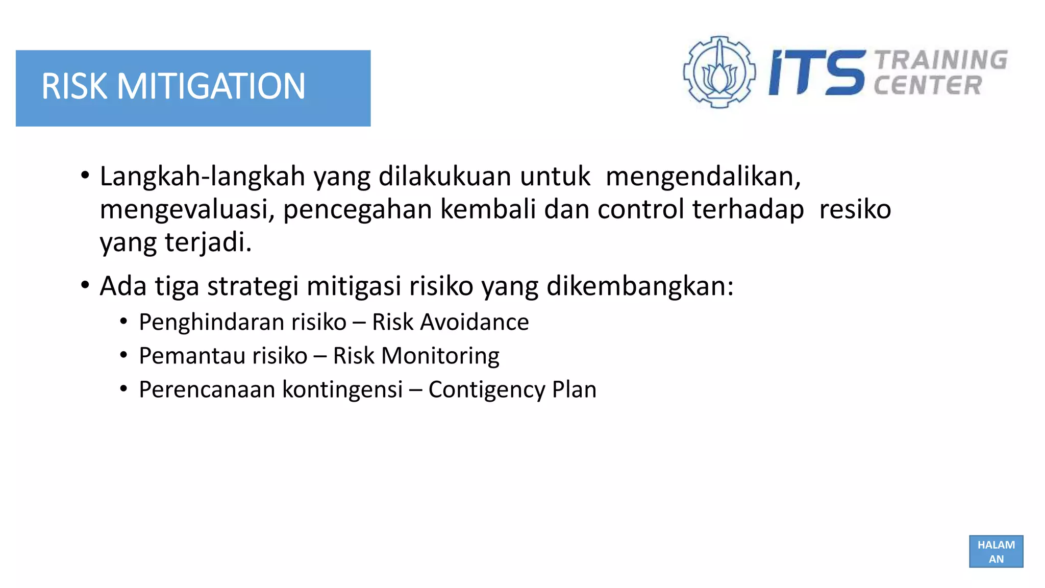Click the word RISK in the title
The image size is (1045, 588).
pos(74,86)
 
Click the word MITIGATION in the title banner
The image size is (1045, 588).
pos(211,86)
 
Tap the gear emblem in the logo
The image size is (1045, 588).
pos(719,72)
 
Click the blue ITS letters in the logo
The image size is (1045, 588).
pos(817,72)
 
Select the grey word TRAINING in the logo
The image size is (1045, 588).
pos(941,60)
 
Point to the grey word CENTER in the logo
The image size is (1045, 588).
pos(928,85)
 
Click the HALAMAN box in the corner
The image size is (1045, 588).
pos(996,551)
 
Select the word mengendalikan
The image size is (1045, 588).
pos(703,177)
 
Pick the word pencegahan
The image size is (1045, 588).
pos(358,210)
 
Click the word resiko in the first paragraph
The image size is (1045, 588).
pos(855,210)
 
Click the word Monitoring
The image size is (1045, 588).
pos(440,356)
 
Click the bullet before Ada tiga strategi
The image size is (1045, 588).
pos(85,285)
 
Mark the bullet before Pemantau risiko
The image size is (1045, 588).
pos(123,355)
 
